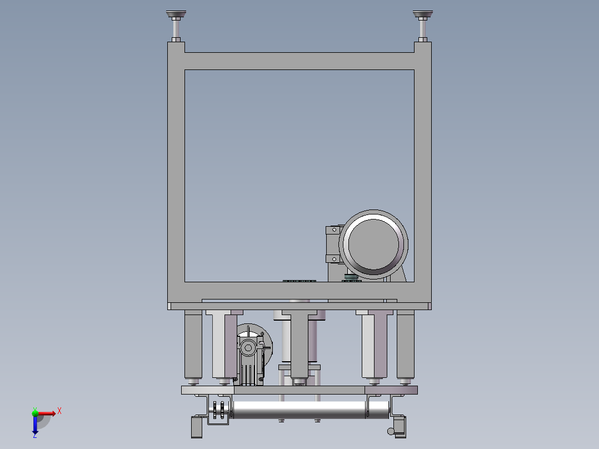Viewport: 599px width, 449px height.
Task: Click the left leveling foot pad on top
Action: pyautogui.click(x=176, y=14)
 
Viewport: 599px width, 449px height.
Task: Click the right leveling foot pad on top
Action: pyautogui.click(x=422, y=14)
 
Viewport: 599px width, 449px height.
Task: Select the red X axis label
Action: pyautogui.click(x=59, y=411)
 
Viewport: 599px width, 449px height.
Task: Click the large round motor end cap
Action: pyautogui.click(x=373, y=244)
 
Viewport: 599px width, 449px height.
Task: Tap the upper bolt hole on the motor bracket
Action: pyautogui.click(x=335, y=230)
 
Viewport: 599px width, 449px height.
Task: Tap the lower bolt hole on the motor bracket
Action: pyautogui.click(x=335, y=259)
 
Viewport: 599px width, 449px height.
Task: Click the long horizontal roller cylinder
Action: pyautogui.click(x=299, y=409)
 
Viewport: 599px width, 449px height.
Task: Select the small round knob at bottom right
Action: pyautogui.click(x=391, y=431)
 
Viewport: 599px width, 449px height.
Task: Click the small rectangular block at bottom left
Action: pyautogui.click(x=196, y=427)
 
